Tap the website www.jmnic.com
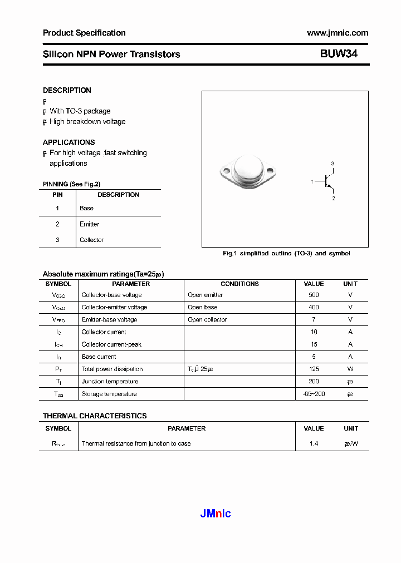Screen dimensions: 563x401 337,33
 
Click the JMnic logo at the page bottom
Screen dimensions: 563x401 216,513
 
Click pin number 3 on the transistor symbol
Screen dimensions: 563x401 332,163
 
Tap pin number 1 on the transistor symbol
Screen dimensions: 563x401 312,181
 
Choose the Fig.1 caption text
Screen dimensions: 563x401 286,253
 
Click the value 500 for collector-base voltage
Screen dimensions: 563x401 314,295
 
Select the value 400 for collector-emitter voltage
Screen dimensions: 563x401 314,307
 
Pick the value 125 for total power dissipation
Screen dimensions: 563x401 314,369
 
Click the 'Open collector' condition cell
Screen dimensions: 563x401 207,319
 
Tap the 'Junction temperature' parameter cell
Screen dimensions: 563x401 109,381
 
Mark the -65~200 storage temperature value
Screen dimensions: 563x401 314,394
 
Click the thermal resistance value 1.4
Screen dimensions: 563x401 314,443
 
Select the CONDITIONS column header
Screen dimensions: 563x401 239,284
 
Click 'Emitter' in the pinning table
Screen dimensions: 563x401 89,224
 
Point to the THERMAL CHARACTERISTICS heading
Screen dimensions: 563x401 95,416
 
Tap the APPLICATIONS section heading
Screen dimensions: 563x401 69,142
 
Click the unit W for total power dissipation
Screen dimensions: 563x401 350,369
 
